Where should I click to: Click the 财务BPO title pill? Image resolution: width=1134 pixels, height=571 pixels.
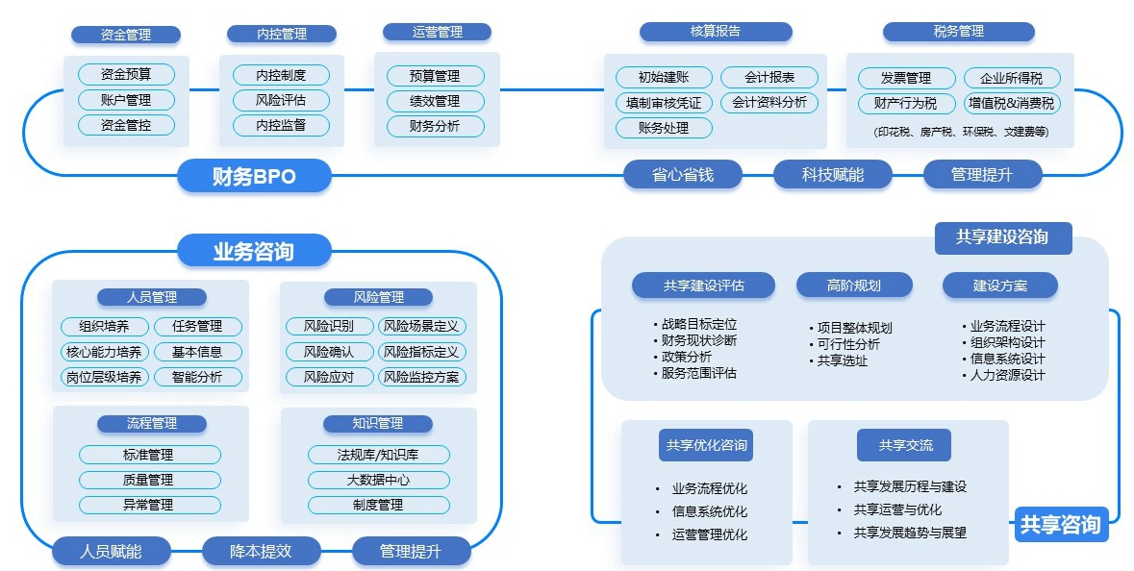tap(254, 176)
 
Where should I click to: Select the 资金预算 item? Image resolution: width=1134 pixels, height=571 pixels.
tap(126, 74)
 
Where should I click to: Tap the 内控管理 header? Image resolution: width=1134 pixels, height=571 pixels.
tap(282, 34)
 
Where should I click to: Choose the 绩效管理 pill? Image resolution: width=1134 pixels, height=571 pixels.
tap(435, 101)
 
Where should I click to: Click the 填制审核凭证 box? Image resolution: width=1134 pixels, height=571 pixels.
tap(664, 103)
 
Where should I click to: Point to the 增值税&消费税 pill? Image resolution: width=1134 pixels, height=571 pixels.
tap(1011, 103)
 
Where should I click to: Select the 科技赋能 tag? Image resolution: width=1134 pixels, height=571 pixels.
tap(833, 174)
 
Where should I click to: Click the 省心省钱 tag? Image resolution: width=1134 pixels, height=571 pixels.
tap(683, 174)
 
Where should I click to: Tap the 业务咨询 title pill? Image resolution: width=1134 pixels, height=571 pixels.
tap(254, 252)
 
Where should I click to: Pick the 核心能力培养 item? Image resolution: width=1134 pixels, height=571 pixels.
tap(103, 352)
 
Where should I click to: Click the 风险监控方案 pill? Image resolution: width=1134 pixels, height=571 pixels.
tap(421, 377)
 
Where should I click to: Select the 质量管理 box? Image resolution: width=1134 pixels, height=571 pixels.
tap(149, 480)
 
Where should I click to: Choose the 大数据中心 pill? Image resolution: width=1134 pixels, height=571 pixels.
tap(378, 480)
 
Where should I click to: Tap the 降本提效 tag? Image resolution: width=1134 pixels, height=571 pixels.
tap(261, 551)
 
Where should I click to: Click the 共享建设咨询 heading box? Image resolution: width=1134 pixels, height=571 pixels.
tap(1002, 237)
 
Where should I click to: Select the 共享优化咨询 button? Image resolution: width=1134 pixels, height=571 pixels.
tap(707, 445)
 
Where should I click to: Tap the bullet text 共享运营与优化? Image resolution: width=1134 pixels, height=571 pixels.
tap(897, 509)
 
